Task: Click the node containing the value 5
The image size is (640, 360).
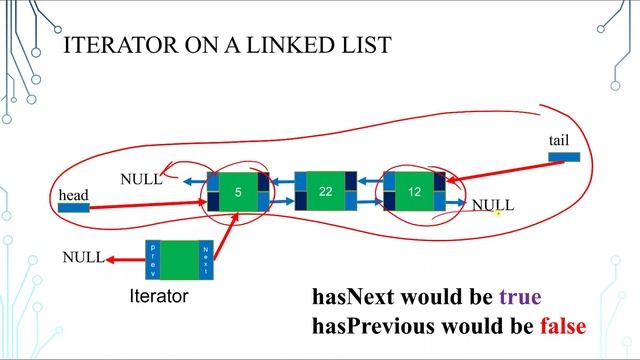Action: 238,191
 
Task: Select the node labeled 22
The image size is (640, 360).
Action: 325,191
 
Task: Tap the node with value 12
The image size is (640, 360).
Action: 414,191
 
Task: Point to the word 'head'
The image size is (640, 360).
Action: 73,193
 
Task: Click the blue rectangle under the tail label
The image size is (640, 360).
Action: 564,156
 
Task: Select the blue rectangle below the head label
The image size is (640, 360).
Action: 73,208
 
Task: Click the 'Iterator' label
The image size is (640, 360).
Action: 159,296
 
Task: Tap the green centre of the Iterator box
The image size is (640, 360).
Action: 179,259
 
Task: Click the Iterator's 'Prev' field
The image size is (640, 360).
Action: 153,259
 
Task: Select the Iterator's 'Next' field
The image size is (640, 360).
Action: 206,259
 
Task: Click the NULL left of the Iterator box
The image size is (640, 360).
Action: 83,258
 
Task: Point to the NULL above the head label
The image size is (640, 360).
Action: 141,180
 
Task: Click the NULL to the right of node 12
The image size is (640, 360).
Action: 492,205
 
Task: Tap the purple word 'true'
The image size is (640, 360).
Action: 519,297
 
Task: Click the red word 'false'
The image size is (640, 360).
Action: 562,326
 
